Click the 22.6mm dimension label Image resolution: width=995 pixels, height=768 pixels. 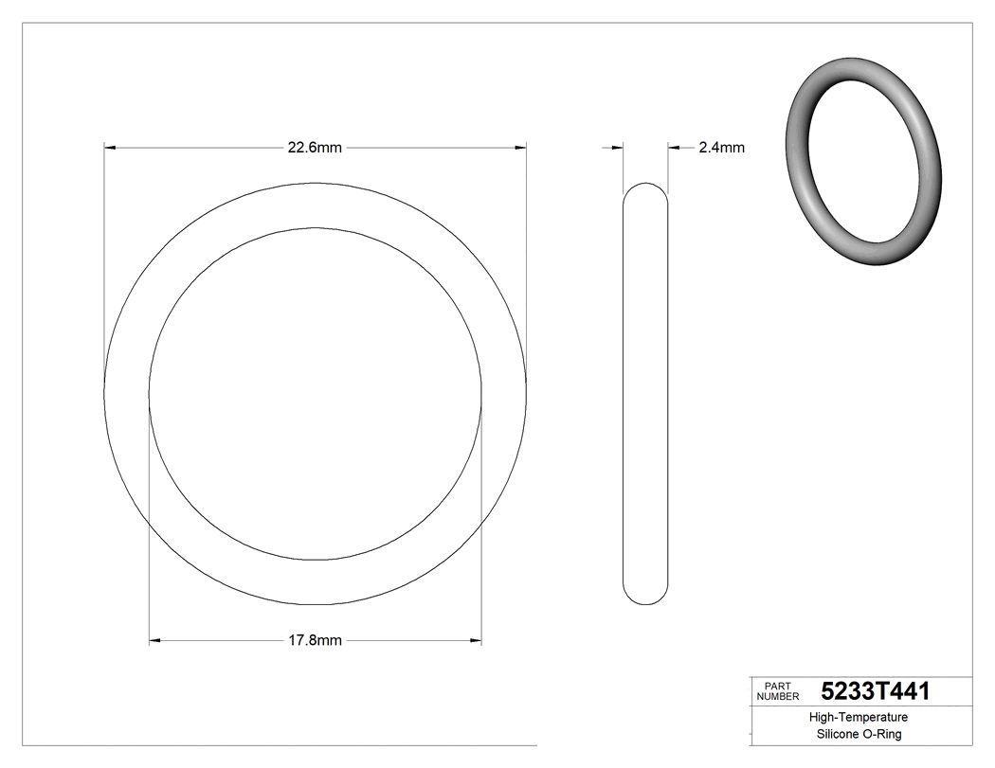315,148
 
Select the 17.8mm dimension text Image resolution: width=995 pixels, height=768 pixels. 315,641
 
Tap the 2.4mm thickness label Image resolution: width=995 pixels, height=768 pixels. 721,148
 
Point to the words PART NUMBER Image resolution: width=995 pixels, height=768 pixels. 778,691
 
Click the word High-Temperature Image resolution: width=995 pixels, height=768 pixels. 858,718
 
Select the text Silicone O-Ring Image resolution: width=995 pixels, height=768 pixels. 859,735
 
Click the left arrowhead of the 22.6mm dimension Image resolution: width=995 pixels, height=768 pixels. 110,148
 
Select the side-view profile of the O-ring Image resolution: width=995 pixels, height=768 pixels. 644,393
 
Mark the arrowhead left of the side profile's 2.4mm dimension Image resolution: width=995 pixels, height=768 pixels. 616,148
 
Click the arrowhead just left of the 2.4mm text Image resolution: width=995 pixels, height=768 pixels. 675,148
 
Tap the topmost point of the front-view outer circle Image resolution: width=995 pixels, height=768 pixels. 315,183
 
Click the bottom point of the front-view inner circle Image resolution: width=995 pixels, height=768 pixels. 315,560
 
